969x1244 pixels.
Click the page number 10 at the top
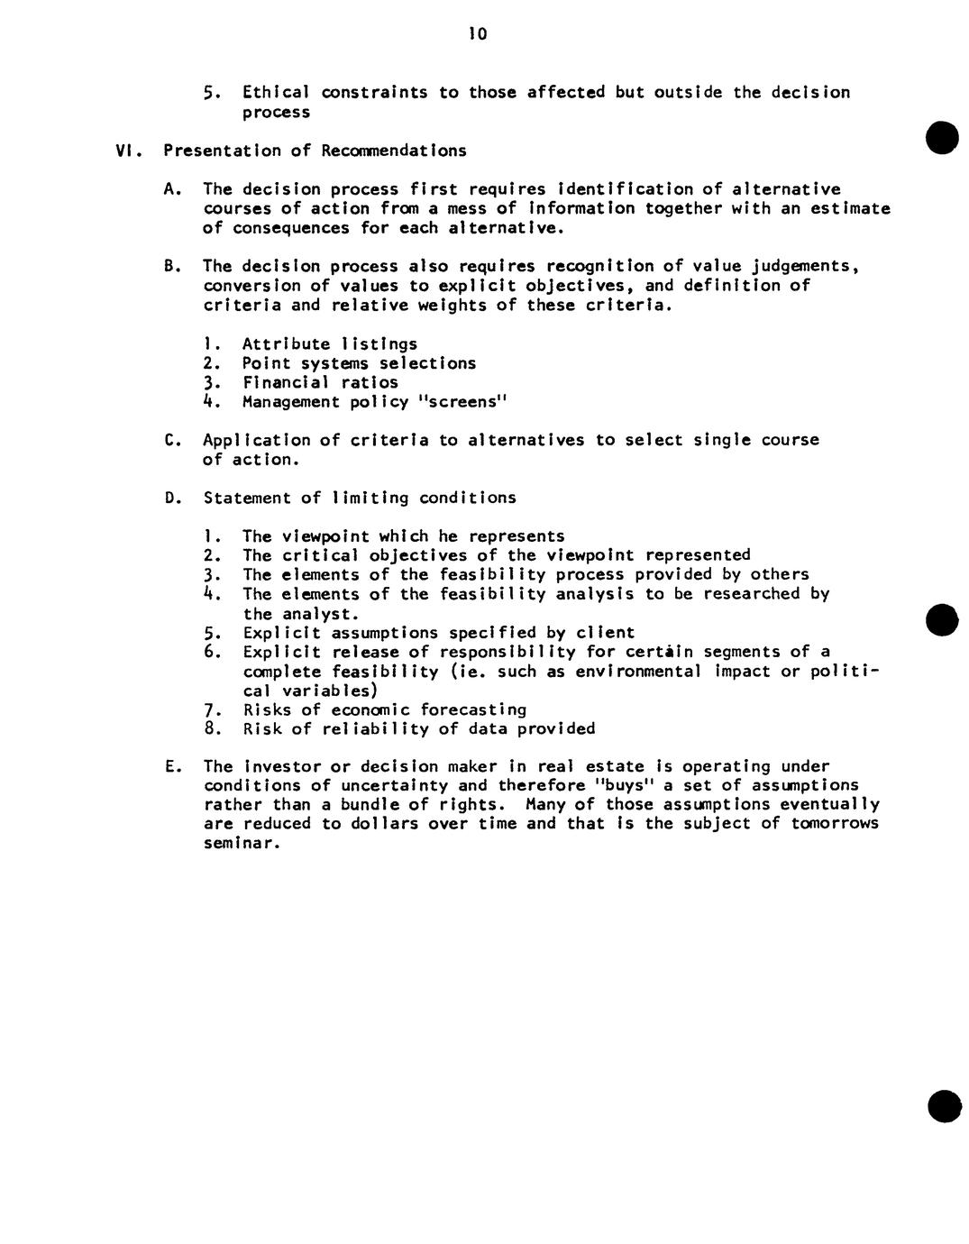coord(477,35)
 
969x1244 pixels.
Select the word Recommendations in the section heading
coord(394,151)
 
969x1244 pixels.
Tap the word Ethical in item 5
coord(276,93)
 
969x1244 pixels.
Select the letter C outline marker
coord(171,440)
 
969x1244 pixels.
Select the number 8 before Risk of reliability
coord(210,729)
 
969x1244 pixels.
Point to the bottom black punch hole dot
coord(944,1106)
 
